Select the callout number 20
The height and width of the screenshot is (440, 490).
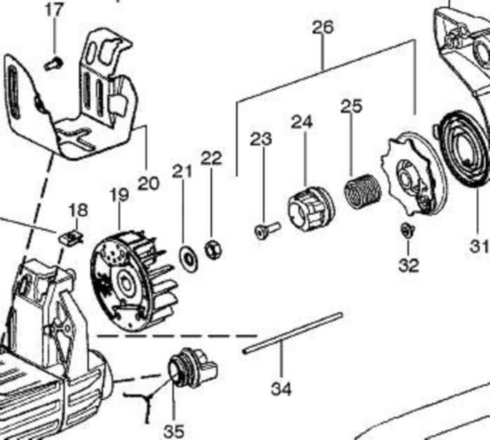(x=148, y=184)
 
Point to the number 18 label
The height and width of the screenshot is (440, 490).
(x=78, y=210)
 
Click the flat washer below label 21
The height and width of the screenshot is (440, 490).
(x=188, y=257)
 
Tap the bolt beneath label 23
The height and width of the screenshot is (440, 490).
(x=265, y=230)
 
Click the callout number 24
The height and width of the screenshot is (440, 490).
(x=302, y=122)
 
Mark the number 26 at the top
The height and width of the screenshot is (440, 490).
(x=323, y=27)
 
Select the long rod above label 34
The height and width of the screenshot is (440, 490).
(x=293, y=333)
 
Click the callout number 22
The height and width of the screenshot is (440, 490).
(x=211, y=158)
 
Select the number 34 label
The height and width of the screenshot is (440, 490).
(x=281, y=387)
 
